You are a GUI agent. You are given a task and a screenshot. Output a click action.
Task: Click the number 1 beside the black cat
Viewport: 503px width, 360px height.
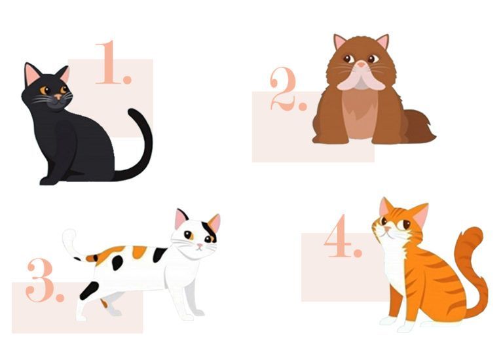(x=111, y=63)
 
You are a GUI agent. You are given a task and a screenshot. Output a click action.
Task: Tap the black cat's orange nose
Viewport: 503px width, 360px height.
(x=58, y=96)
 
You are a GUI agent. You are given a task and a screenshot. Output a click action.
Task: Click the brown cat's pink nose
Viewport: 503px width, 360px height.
(x=362, y=64)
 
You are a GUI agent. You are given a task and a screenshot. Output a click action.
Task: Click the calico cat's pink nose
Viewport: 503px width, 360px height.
(x=200, y=246)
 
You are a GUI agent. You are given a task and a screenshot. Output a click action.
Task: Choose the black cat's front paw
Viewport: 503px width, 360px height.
(x=48, y=181)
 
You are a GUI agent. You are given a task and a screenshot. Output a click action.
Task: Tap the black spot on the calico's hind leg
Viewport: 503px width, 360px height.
(x=89, y=290)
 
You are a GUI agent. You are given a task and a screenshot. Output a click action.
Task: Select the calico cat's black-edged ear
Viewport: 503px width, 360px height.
(x=181, y=219)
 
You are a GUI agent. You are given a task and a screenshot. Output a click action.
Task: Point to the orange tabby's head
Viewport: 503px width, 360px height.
(x=400, y=221)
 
